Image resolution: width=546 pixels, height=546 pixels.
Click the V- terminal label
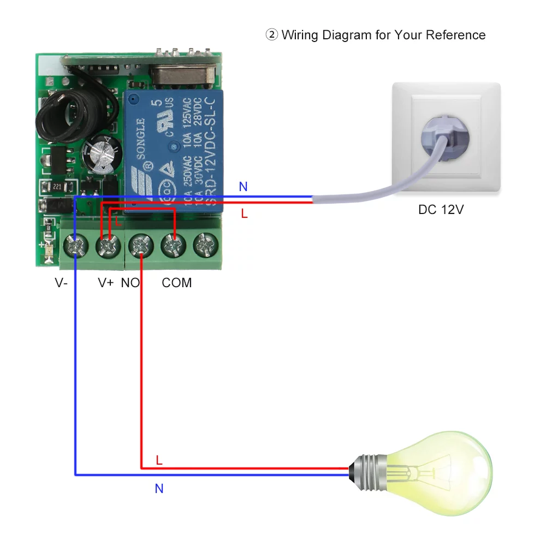tap(61, 283)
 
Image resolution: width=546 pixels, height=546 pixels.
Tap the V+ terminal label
tap(106, 283)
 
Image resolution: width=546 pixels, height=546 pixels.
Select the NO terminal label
tap(130, 283)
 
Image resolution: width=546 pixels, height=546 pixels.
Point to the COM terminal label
tap(177, 283)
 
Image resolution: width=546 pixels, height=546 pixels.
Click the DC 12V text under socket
tap(441, 209)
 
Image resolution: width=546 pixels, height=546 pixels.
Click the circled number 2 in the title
tap(271, 35)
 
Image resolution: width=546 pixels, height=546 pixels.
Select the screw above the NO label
tap(140, 246)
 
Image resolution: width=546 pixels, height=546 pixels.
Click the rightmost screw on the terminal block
tap(205, 246)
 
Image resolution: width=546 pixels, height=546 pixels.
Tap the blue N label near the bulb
tap(159, 489)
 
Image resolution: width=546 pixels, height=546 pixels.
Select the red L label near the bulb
tap(159, 460)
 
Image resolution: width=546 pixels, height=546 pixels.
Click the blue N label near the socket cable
tap(243, 187)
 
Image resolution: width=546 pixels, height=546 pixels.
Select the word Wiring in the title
tap(301, 35)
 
